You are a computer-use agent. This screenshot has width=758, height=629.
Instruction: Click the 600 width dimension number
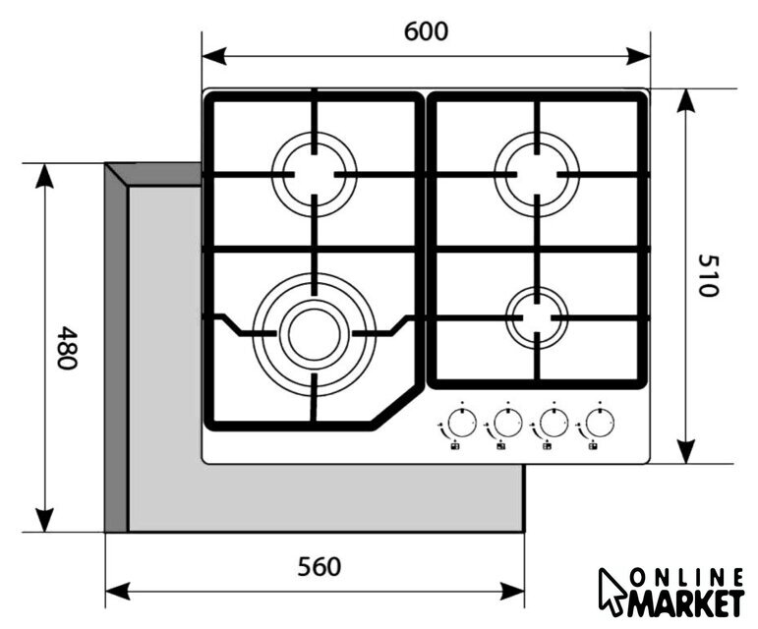(x=426, y=31)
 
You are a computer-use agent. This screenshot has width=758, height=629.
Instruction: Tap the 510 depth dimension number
(x=709, y=275)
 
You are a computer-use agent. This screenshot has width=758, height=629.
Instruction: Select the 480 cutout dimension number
(x=67, y=348)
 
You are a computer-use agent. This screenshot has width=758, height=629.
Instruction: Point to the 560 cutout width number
(x=320, y=566)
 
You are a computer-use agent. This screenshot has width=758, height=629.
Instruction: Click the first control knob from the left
(x=462, y=424)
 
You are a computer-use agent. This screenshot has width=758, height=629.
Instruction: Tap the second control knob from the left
(x=508, y=424)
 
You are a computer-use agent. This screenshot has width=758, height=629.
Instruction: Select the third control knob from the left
(x=554, y=424)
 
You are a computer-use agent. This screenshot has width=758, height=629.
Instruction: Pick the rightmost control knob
(x=600, y=424)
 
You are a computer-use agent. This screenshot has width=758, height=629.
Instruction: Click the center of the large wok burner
(x=315, y=334)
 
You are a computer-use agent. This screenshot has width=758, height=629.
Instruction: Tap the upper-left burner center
(x=315, y=174)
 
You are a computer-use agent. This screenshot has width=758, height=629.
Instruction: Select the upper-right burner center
(x=537, y=174)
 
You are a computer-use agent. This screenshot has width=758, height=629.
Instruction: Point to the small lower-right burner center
(x=537, y=317)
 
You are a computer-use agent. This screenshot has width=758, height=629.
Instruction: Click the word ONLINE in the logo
(x=687, y=578)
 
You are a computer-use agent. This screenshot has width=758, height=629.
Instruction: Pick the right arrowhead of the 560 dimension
(x=512, y=591)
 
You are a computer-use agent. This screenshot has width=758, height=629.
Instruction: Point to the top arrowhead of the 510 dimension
(x=685, y=100)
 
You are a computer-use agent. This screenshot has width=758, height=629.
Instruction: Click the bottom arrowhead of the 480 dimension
(x=45, y=520)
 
